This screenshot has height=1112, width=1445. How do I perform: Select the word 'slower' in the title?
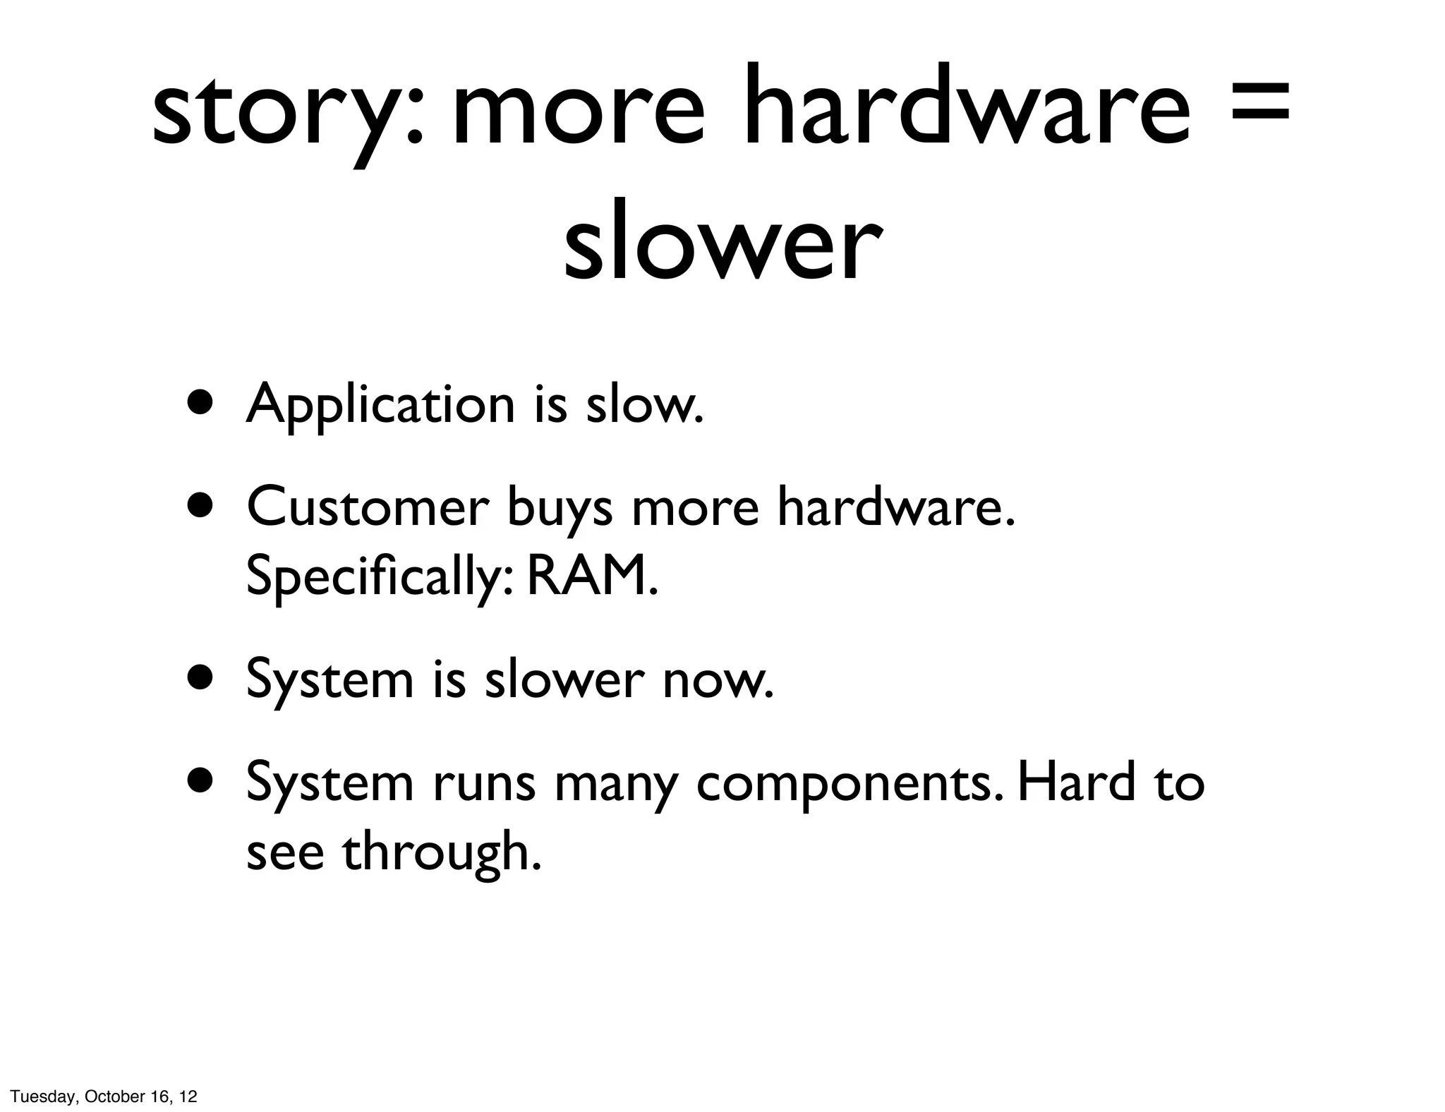coord(722,243)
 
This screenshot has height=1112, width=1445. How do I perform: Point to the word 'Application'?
coord(380,406)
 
